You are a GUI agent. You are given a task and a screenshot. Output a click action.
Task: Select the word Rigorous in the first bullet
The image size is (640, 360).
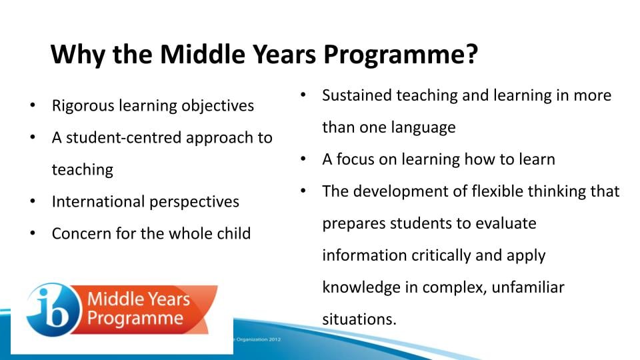click(x=83, y=106)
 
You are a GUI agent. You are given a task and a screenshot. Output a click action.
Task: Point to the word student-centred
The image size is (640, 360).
click(x=123, y=138)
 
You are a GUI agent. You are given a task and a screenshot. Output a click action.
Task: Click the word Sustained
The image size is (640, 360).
click(x=357, y=95)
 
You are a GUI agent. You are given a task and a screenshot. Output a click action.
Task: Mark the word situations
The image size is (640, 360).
click(x=359, y=319)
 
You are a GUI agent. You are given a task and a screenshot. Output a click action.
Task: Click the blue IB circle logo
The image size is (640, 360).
click(x=53, y=310)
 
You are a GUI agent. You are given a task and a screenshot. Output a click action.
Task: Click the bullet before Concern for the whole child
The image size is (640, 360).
click(x=33, y=233)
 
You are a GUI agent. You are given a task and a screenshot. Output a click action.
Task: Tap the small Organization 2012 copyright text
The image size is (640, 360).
click(x=257, y=339)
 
